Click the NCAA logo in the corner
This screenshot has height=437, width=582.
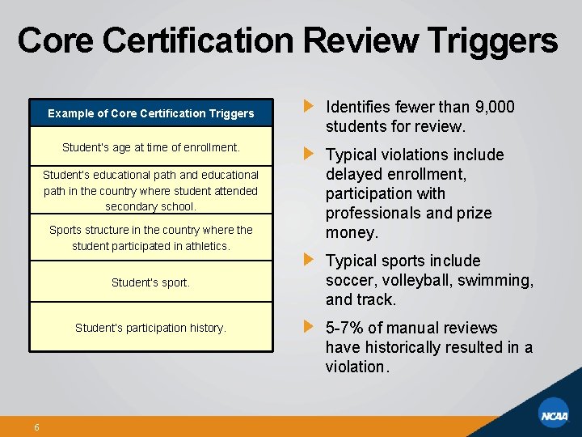coord(555,416)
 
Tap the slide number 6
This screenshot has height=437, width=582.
coord(37,427)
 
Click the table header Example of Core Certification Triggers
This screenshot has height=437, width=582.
coord(151,113)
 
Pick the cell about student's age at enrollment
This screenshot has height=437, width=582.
coord(151,147)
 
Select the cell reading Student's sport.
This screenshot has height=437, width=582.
coord(151,282)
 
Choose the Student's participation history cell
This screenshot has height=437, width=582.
coord(151,328)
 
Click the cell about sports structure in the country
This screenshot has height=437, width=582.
coord(151,237)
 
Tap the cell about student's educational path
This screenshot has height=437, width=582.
coord(151,191)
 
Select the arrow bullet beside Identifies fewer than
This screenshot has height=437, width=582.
coord(308,106)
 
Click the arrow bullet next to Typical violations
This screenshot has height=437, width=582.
coord(308,154)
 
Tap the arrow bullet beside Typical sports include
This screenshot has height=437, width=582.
coord(308,260)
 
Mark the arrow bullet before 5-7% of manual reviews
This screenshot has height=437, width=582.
coord(308,327)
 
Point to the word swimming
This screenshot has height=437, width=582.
coord(496,280)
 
